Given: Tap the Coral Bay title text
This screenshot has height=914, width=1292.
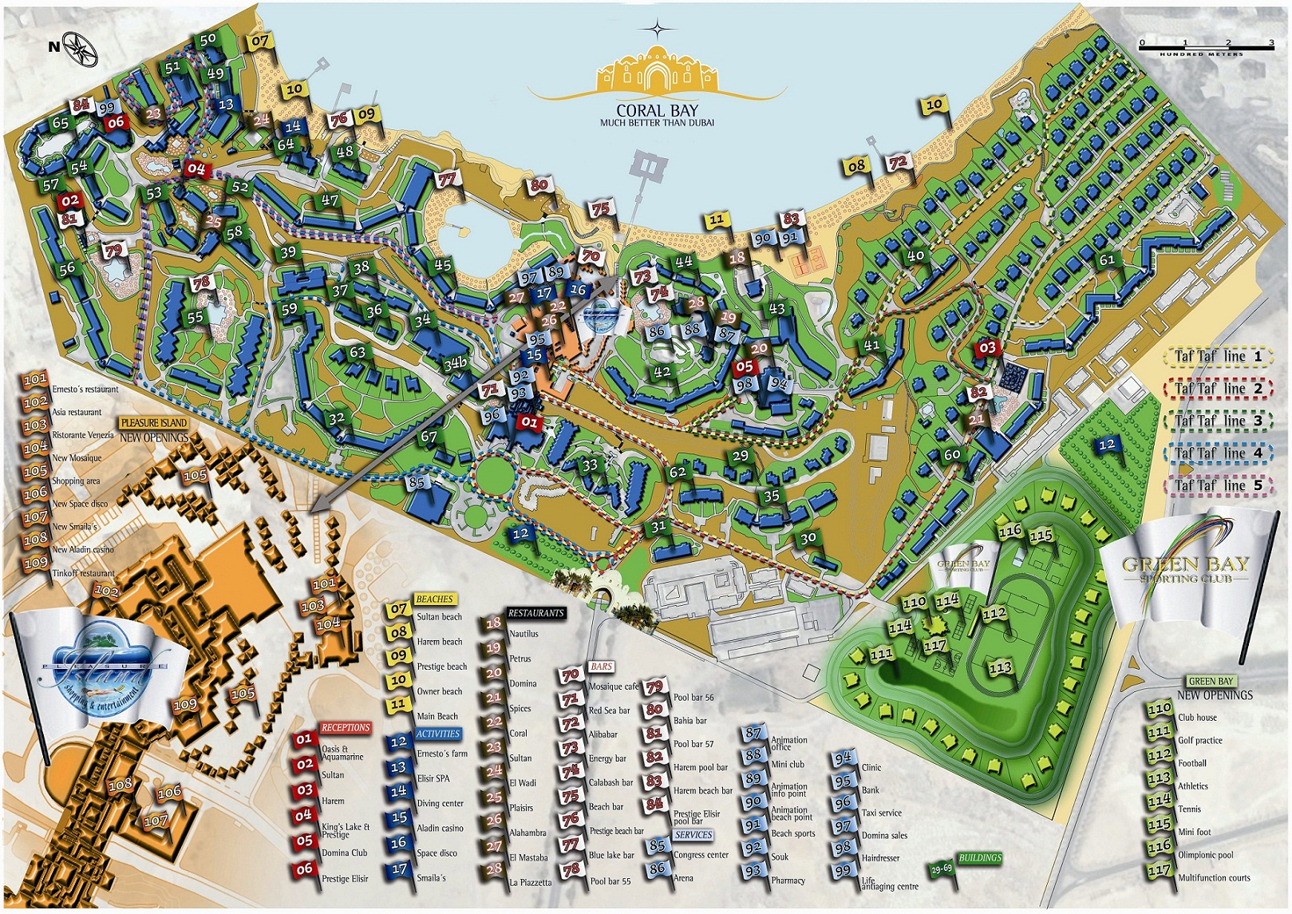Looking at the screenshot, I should pos(657,112).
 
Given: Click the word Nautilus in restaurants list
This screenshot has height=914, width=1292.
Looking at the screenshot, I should pos(524,634).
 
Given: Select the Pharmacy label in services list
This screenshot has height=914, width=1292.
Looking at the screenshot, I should pos(788,880).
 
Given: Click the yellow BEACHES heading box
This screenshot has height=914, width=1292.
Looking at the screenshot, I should pos(434,599).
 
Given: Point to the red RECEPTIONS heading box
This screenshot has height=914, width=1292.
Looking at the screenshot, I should pos(345,727).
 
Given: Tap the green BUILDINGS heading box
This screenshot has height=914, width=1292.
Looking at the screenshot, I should pos(979,857).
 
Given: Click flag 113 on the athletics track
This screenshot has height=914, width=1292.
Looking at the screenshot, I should pos(1000,667).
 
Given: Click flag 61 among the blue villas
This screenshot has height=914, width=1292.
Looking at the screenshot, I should pos(1107,259).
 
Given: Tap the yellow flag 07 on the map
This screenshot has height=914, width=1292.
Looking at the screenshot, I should pos(260,41).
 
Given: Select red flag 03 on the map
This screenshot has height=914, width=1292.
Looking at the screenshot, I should pos(987,347).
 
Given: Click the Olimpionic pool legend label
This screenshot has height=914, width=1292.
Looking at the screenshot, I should pos(1205,855).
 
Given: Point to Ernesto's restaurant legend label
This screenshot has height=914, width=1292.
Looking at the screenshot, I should pos(85,390).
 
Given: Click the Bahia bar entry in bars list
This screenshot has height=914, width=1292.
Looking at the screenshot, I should pos(689,721).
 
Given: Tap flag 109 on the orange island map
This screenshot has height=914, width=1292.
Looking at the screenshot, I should pos(185,705).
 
